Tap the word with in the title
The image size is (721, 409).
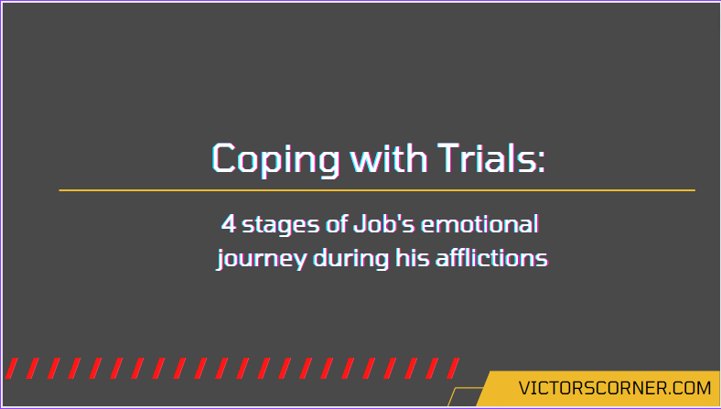389,157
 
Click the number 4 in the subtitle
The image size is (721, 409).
228,224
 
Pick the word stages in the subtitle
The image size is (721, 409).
281,226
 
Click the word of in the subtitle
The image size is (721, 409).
337,224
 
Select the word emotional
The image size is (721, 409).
479,224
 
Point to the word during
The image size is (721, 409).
350,259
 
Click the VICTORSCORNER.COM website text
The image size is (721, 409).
615,388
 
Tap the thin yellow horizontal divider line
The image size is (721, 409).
377,190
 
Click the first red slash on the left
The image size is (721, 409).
12,368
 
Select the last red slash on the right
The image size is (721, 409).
453,368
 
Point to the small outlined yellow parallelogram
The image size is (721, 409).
465,397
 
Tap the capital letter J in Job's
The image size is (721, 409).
359,224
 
